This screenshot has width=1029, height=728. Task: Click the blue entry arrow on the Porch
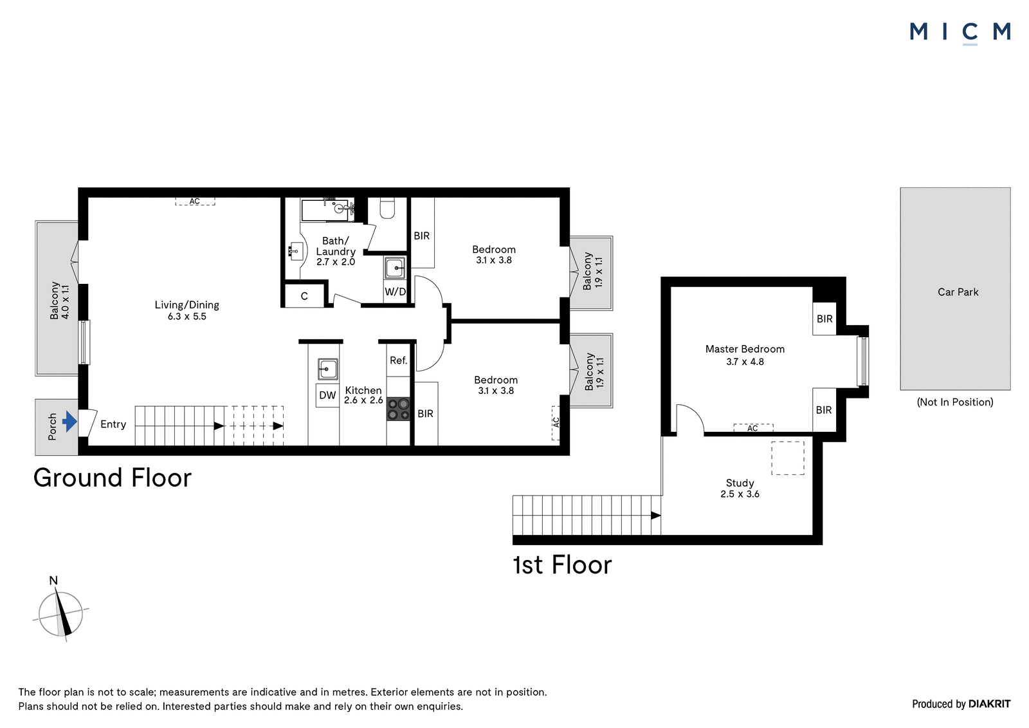(x=69, y=421)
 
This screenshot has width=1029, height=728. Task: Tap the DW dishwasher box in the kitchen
(x=327, y=395)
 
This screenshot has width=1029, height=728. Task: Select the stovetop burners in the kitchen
(x=398, y=409)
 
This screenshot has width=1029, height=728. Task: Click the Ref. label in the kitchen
(x=398, y=360)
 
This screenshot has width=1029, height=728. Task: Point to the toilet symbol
(x=387, y=209)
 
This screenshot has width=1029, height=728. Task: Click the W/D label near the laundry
(x=395, y=292)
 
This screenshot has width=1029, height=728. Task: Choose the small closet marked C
(x=304, y=296)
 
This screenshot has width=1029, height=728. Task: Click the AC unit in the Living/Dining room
(x=195, y=201)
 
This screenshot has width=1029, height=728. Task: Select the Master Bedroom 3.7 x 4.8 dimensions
(x=745, y=362)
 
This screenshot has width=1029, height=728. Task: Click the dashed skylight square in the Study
(x=788, y=458)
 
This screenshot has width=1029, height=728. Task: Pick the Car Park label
(x=958, y=292)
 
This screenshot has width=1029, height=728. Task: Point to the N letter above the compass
(x=54, y=581)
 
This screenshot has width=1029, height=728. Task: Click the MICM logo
(x=960, y=33)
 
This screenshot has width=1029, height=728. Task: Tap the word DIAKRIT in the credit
(x=990, y=704)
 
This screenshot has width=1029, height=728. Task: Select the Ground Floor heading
(x=113, y=478)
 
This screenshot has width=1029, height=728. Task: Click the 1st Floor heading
(x=562, y=565)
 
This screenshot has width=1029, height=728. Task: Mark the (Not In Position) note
(x=955, y=402)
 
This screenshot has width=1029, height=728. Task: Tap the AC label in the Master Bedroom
(x=752, y=429)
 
